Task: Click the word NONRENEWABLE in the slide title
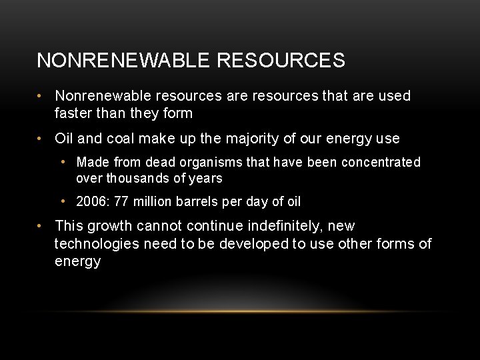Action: pyautogui.click(x=124, y=61)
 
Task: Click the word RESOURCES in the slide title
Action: pyautogui.click(x=281, y=61)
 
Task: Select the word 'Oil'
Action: pyautogui.click(x=64, y=139)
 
